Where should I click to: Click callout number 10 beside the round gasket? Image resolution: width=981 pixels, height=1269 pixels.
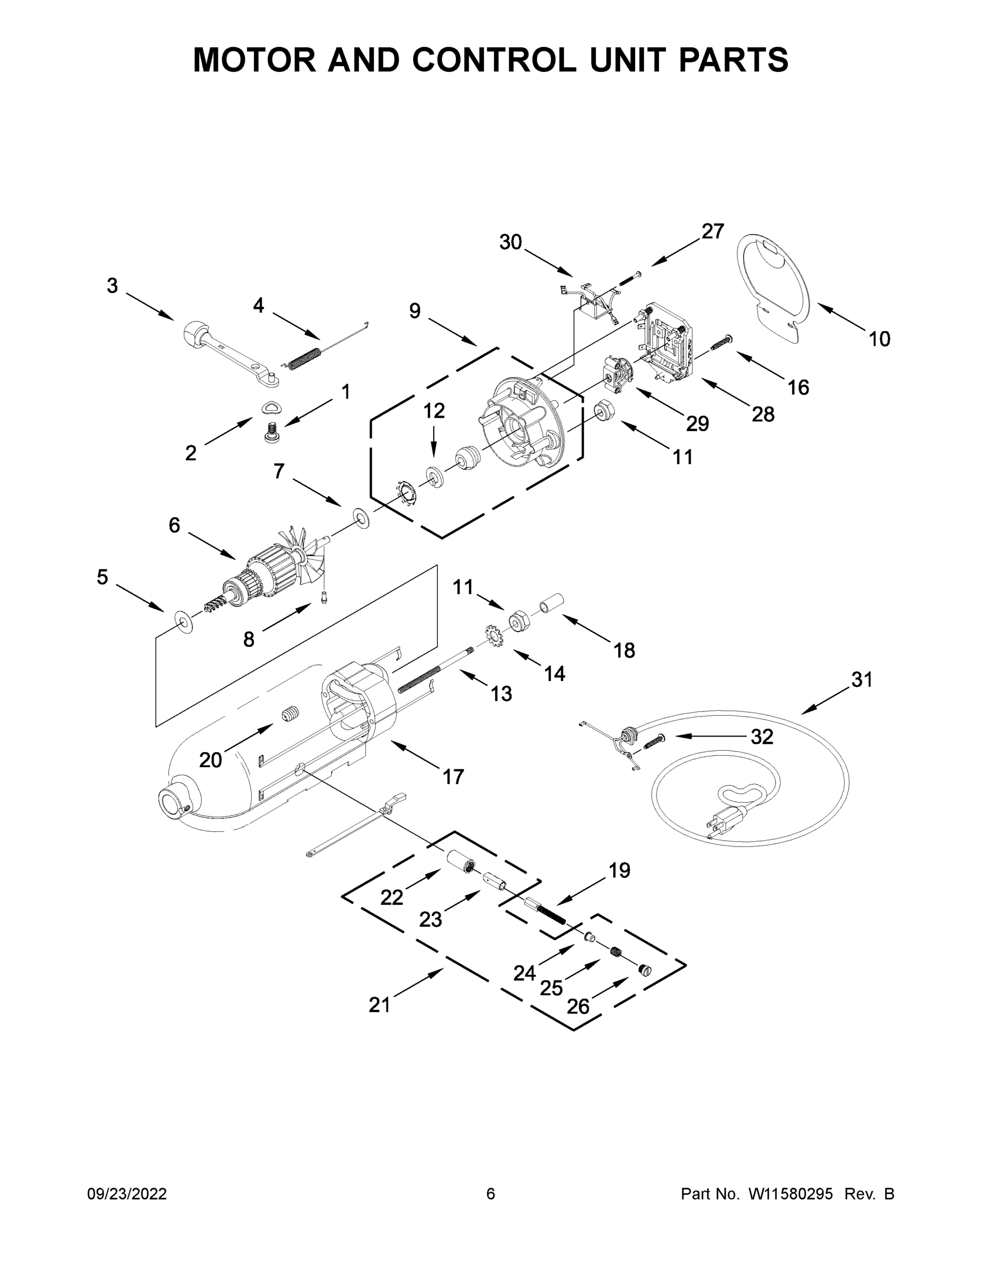879,339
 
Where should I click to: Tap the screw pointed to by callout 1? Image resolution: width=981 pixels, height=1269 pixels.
271,434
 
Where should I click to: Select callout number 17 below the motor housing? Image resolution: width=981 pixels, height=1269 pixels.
453,777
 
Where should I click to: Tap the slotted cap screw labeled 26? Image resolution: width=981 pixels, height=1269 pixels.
644,969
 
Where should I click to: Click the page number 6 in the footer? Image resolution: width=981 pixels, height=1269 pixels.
491,1193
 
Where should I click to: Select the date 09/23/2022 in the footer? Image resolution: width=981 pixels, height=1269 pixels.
127,1193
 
